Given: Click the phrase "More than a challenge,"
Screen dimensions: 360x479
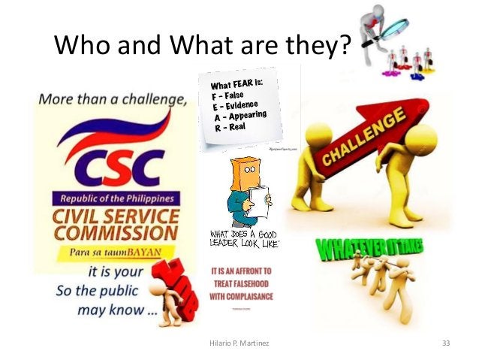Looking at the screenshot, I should point(110,98).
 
